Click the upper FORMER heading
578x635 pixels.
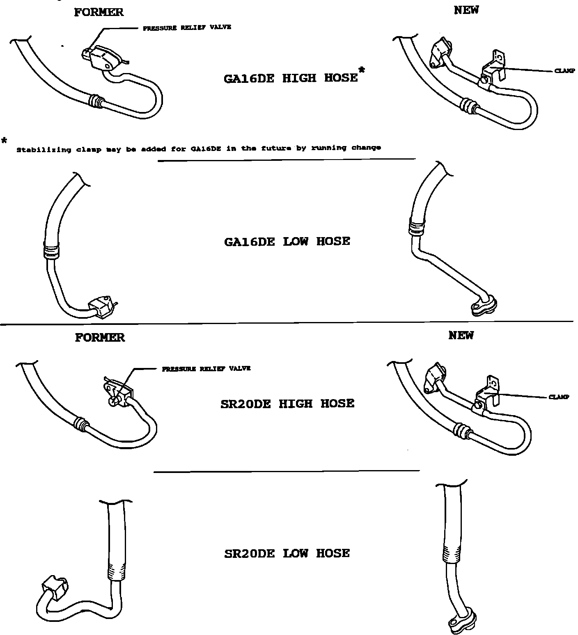coord(99,12)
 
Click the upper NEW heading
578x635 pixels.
coord(466,10)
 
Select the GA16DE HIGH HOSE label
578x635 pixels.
coord(291,78)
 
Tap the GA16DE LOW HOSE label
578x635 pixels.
coord(287,241)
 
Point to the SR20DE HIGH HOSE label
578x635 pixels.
coord(287,404)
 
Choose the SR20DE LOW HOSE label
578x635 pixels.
coord(287,553)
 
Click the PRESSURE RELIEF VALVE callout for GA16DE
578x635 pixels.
coord(187,27)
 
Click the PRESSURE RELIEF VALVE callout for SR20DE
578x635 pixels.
coord(206,368)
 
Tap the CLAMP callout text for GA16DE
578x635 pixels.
coord(564,71)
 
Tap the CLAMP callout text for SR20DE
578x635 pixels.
coord(559,397)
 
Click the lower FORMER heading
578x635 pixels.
coord(100,338)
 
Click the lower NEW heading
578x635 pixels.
coord(461,336)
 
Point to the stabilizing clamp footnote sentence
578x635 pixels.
coord(198,148)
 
